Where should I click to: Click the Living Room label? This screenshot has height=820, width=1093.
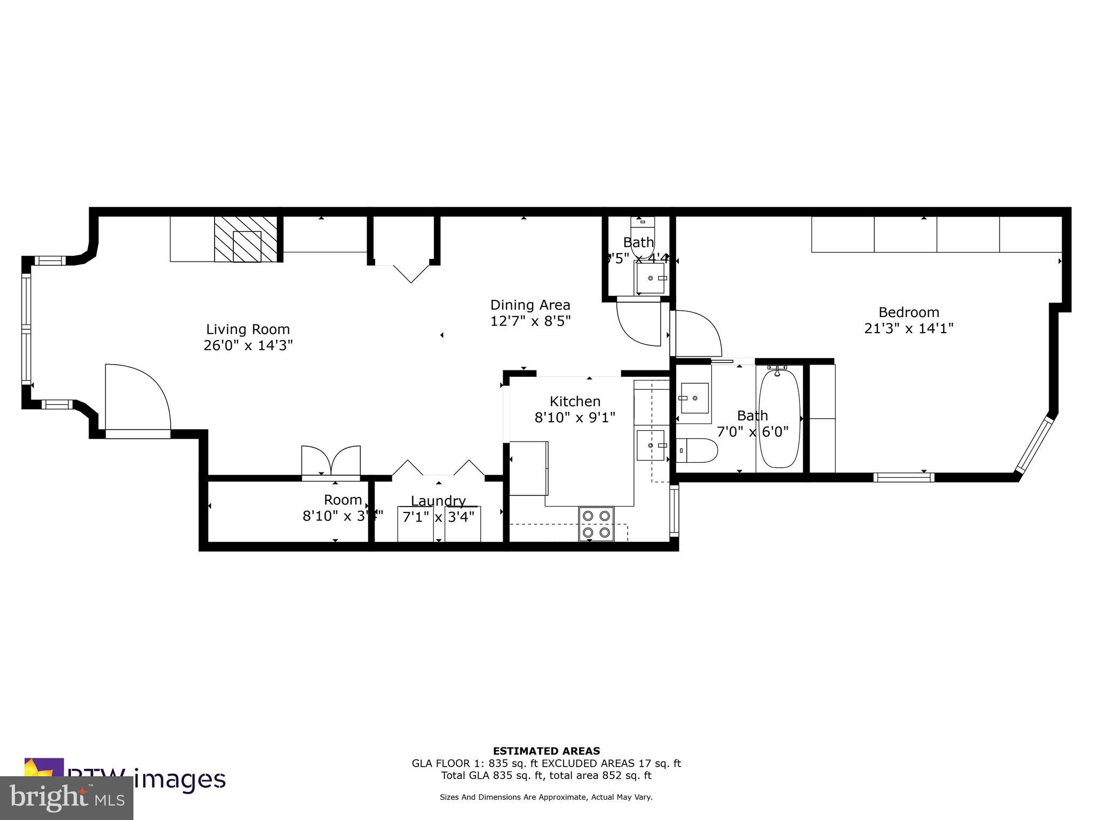click(248, 329)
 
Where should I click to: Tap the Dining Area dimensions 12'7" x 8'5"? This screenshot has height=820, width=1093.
click(530, 321)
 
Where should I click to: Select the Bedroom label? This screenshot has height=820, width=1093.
click(908, 312)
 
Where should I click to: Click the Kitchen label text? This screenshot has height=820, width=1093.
click(575, 401)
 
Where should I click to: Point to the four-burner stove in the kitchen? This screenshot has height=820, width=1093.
click(596, 524)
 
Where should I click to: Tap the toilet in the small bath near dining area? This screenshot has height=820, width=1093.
click(642, 240)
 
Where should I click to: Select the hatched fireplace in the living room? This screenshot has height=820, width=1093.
click(246, 239)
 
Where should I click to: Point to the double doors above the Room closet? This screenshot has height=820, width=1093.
click(331, 460)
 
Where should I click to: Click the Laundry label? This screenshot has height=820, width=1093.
click(438, 501)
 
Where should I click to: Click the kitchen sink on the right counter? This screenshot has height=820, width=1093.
click(651, 445)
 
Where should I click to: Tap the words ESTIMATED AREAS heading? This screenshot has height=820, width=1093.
click(546, 751)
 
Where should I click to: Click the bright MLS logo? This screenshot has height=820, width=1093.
click(66, 798)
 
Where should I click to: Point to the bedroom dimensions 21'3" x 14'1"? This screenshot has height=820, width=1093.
click(908, 328)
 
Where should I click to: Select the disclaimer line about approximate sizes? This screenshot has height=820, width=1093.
click(546, 797)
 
